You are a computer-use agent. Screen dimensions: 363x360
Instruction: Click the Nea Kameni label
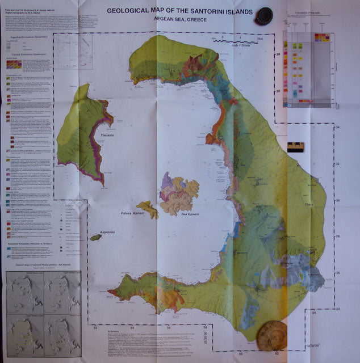pyautogui.click(x=191, y=214)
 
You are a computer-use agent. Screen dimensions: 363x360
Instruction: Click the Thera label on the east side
pyautogui.click(x=308, y=205)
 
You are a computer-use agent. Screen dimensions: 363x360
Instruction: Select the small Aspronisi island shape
pyautogui.click(x=95, y=238)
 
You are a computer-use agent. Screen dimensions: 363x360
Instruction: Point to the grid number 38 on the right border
pyautogui.click(x=279, y=55)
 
